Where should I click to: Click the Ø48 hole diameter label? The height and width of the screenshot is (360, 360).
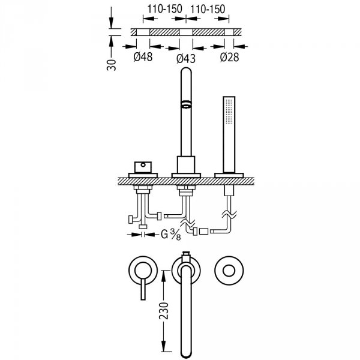coord(143,56)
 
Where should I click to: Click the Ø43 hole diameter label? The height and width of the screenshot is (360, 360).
coord(186,59)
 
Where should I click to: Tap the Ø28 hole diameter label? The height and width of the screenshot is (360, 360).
coord(229,57)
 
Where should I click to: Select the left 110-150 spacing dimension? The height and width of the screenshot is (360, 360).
coord(164,9)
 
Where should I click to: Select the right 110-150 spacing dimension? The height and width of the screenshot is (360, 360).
coord(208,9)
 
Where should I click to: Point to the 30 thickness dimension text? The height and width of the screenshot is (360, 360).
coord(112,65)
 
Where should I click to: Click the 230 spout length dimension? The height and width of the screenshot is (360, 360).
coord(164,311)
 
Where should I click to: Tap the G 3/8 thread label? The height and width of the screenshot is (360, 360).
coord(171,235)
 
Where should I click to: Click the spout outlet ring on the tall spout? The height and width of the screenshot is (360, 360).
coord(186,104)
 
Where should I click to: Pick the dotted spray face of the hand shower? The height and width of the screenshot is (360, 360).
coord(229,111)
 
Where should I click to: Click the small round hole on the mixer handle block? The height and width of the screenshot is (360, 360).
coord(143,164)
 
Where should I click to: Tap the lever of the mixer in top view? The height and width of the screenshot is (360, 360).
coord(143,290)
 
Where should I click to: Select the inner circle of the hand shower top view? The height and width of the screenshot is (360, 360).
coord(229,271)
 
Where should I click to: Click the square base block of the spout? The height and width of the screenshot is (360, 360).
coord(186,164)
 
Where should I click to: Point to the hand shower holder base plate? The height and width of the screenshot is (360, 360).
coord(229,175)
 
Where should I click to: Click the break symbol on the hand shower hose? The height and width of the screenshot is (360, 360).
coord(229,215)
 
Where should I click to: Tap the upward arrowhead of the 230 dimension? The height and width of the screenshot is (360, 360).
coord(163,276)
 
